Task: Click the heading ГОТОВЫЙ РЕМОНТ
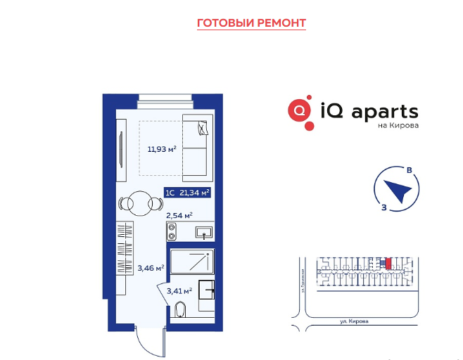251,23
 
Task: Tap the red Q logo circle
300,111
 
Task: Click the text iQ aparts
369,111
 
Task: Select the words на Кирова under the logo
398,127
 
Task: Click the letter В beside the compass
409,169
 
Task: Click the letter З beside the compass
383,207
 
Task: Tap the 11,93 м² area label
161,148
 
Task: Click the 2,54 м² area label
179,215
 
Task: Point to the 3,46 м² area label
151,267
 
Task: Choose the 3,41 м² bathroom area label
179,290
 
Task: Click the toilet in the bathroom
179,310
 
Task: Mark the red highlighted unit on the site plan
388,264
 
